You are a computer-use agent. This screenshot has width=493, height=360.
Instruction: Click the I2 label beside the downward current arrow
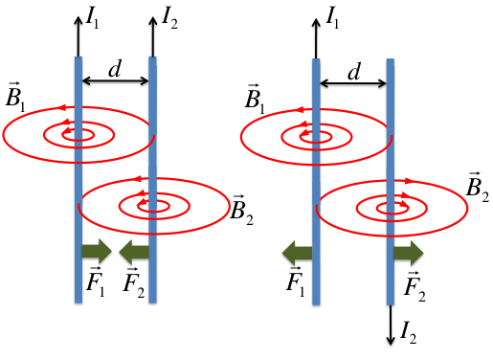point(409,332)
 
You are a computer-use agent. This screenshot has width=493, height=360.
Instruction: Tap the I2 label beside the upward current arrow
point(170,16)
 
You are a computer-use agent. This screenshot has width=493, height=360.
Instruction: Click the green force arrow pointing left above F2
point(134,253)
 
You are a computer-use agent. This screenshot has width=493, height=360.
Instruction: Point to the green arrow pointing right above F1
point(96,253)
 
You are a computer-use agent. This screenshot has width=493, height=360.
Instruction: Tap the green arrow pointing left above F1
point(296,253)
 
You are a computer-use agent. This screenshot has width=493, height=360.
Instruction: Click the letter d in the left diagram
point(115,69)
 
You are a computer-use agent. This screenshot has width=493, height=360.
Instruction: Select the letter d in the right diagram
point(353,70)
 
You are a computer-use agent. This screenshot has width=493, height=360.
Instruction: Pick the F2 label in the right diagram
point(415,283)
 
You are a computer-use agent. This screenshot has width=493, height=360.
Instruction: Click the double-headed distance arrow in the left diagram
point(115,84)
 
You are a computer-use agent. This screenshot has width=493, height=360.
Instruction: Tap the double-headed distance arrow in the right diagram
point(352,84)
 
